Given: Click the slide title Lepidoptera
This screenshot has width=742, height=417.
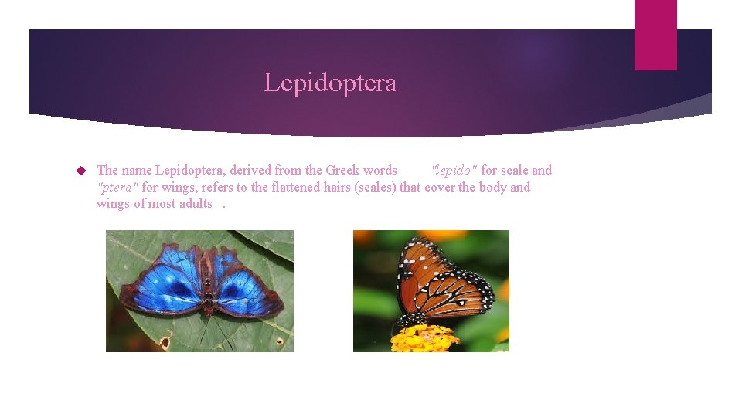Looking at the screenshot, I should pos(330,83).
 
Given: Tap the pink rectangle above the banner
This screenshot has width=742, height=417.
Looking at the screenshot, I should pos(655,35).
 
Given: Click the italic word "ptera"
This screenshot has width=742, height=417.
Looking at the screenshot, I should pos(117,188).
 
